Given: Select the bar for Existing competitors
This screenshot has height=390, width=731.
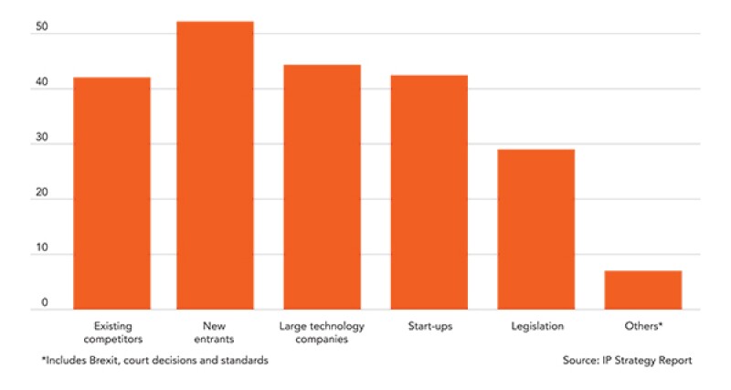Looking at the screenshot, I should click(x=111, y=194).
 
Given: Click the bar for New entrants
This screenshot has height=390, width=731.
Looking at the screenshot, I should click(x=215, y=165).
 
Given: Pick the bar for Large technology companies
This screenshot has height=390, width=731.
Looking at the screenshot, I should click(x=322, y=187).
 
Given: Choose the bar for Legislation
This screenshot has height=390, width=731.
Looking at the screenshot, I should click(x=535, y=229).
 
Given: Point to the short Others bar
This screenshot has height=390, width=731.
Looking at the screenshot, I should click(x=642, y=290).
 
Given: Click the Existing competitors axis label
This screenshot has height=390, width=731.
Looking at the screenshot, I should click(x=111, y=332).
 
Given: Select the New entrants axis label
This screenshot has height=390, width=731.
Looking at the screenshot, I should click(x=215, y=332).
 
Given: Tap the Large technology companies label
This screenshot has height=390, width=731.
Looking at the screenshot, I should click(x=322, y=332).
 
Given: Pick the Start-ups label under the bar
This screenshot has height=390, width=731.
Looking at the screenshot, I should click(x=429, y=325).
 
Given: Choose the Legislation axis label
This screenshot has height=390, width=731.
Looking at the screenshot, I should click(x=535, y=325).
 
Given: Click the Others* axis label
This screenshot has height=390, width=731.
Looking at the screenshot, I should click(x=642, y=325).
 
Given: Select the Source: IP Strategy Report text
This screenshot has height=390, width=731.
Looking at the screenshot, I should click(x=627, y=361).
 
